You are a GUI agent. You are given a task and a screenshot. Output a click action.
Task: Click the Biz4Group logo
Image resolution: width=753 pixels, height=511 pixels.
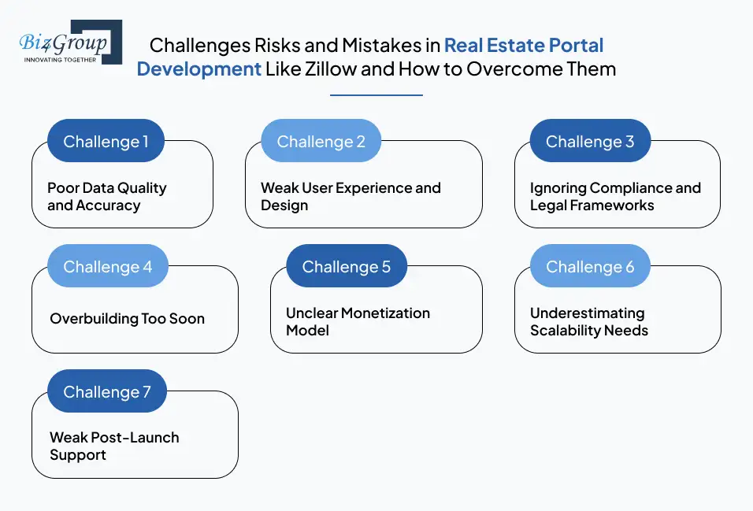pos(71,43)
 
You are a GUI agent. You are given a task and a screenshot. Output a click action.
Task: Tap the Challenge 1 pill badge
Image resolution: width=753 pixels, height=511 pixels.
pos(106,141)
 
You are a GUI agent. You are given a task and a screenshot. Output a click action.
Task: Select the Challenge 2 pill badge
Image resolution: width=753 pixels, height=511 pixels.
pos(321,141)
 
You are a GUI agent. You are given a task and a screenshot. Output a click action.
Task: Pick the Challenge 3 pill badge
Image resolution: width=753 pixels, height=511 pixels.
pos(590,141)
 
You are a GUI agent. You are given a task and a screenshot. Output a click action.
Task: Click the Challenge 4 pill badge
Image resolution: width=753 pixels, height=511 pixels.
pos(108,266)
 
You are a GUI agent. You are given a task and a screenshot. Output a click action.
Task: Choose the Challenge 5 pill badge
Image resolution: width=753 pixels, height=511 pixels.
pos(347,266)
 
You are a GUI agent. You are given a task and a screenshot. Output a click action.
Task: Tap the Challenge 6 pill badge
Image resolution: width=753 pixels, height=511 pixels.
pos(590,266)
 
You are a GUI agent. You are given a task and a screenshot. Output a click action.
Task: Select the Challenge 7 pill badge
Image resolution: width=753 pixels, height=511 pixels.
pos(107,391)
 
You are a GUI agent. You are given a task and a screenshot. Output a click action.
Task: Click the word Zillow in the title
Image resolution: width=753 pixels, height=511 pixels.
pos(331,69)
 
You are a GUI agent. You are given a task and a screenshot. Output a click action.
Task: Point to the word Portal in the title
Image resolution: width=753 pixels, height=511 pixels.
pos(577,45)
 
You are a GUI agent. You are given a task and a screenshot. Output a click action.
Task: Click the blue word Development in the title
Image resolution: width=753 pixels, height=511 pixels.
pos(198,69)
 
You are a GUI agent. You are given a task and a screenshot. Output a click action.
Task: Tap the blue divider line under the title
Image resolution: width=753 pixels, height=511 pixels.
pos(376,95)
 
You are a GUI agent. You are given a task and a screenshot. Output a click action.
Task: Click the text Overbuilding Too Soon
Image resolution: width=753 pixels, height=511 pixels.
pos(128,318)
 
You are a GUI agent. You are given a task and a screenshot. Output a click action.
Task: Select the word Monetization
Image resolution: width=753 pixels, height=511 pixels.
pos(386,313)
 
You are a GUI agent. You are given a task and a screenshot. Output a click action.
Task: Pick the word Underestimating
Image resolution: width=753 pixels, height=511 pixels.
pos(588,313)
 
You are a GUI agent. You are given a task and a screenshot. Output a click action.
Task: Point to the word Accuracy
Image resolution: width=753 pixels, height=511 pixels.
pos(108,206)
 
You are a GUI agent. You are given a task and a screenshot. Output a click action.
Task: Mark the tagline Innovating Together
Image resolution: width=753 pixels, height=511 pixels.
pos(60,60)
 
